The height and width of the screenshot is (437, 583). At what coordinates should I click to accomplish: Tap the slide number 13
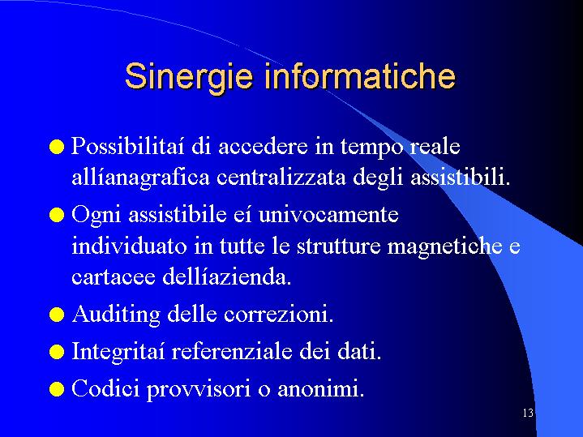pos(528,413)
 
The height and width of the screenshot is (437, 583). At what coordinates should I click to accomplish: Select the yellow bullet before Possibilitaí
pos(57,147)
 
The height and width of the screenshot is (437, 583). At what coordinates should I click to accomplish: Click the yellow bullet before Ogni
pos(57,215)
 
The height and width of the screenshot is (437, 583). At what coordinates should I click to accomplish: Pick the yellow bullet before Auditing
pos(57,315)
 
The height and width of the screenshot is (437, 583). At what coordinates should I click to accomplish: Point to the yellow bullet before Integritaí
pos(57,352)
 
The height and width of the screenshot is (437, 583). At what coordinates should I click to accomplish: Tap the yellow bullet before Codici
pos(57,389)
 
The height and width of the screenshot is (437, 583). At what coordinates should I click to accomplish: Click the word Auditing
pos(116,315)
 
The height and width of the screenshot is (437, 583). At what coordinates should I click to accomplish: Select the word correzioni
pos(278,315)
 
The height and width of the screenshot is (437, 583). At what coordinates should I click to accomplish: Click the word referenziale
pos(232,351)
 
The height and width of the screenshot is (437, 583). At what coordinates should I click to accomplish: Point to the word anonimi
pos(321,388)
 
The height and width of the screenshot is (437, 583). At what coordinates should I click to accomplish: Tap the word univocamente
pos(328,215)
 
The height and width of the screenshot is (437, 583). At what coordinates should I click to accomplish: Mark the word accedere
pos(263,146)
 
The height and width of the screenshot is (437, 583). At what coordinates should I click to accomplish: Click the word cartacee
pos(114,277)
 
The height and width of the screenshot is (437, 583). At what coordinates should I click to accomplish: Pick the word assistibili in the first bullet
pos(461,177)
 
